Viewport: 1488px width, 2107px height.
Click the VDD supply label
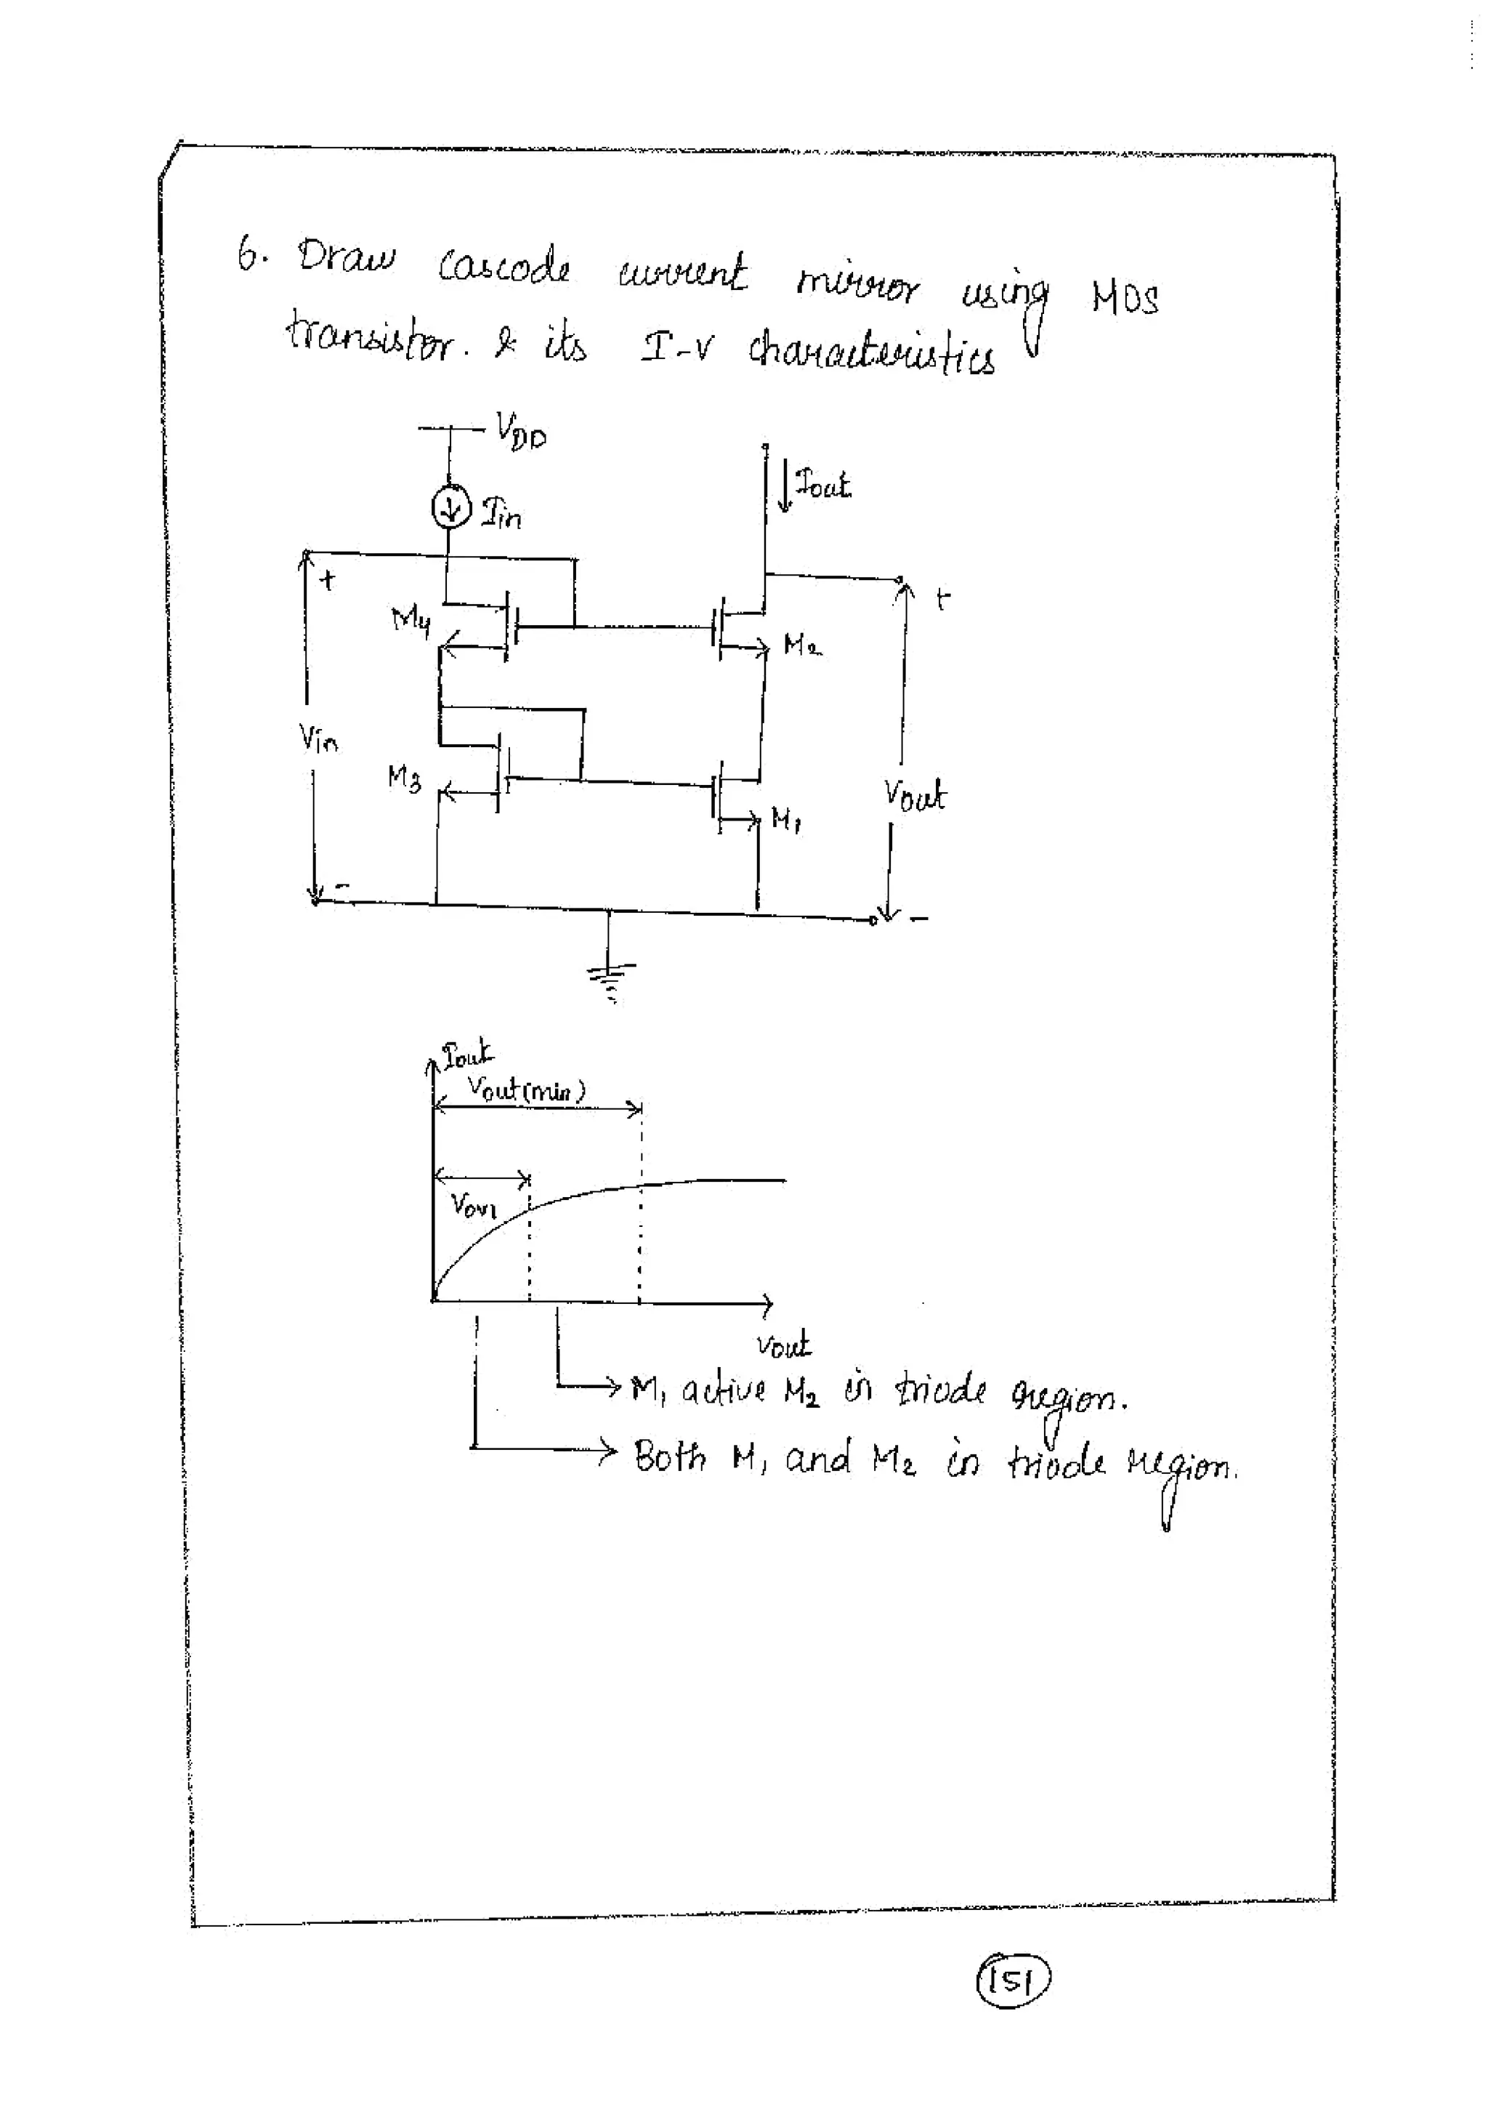520,430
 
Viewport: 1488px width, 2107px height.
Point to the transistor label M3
404,779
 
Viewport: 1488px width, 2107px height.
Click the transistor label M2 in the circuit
802,645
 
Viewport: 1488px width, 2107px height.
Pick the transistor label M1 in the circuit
786,818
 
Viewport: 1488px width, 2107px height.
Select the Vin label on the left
318,737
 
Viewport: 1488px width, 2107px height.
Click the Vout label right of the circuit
914,794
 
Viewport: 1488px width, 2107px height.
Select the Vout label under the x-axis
783,1345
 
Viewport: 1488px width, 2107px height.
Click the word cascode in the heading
504,267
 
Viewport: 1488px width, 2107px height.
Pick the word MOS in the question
1125,297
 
